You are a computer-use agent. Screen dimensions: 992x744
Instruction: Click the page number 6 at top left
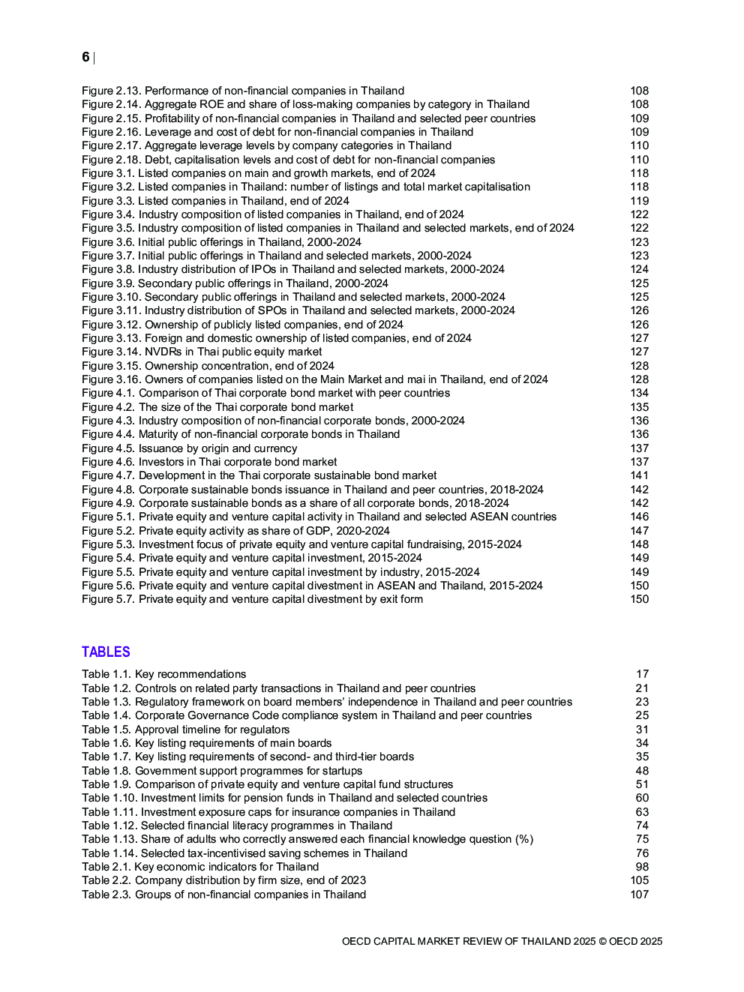click(x=85, y=58)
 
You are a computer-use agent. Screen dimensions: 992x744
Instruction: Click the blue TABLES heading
click(x=106, y=652)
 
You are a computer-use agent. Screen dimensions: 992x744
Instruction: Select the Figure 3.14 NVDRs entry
click(x=202, y=352)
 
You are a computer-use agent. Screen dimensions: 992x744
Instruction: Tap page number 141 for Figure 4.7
click(x=639, y=475)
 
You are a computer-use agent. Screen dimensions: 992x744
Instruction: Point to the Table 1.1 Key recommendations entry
click(x=163, y=674)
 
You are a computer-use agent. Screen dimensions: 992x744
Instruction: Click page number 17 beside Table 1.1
click(x=642, y=674)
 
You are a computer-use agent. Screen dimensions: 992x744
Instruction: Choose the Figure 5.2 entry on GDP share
click(x=235, y=531)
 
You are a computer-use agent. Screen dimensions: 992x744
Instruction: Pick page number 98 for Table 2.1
click(x=642, y=867)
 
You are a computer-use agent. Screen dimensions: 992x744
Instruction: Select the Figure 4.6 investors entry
click(x=209, y=462)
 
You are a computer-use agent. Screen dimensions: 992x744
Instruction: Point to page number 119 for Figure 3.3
click(x=639, y=201)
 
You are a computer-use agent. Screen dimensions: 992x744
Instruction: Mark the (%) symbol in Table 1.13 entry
click(x=524, y=839)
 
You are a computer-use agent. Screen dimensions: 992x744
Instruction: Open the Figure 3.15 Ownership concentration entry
click(x=208, y=366)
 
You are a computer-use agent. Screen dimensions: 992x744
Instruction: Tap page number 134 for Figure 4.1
click(x=639, y=393)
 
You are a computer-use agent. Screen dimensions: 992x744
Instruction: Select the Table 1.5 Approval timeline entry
click(x=185, y=730)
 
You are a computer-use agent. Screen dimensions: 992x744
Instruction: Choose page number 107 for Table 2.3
click(x=639, y=895)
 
